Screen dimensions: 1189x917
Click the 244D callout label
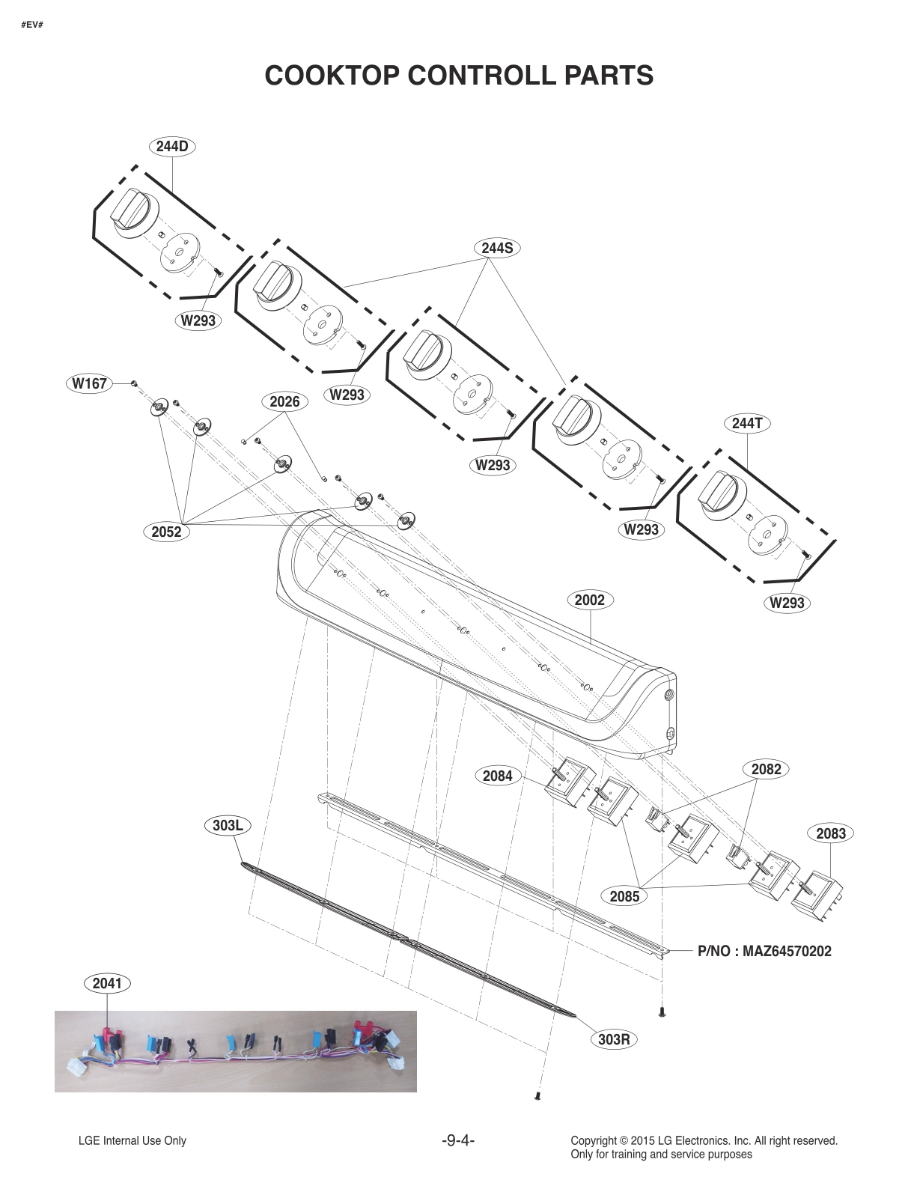(x=172, y=147)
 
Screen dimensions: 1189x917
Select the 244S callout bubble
(x=497, y=248)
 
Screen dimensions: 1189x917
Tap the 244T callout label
(x=747, y=423)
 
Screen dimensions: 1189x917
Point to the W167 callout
(x=89, y=384)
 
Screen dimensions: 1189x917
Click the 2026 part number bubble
(x=284, y=402)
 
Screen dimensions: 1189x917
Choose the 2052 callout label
(x=166, y=532)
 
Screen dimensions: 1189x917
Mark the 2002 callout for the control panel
(x=590, y=600)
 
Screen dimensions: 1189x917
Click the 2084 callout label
(x=497, y=776)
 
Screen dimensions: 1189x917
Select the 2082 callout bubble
(x=766, y=769)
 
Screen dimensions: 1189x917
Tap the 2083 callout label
(x=831, y=833)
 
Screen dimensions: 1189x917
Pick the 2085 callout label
(x=624, y=895)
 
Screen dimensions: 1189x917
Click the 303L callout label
(x=228, y=826)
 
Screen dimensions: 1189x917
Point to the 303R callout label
(x=613, y=1039)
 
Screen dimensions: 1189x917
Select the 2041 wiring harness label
(x=107, y=983)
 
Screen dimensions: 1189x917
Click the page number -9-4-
(x=459, y=1140)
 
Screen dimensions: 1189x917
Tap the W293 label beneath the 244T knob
(x=787, y=603)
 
